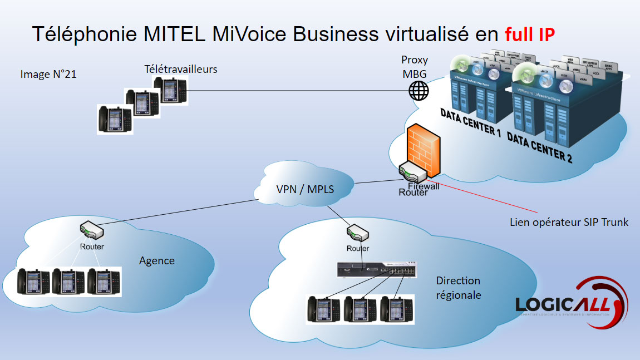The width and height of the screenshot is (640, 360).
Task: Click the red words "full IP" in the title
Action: [529, 34]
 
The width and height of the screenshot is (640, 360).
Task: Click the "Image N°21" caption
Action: [48, 74]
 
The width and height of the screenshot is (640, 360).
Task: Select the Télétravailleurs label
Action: [180, 69]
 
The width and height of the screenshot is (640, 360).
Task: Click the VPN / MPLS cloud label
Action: [305, 189]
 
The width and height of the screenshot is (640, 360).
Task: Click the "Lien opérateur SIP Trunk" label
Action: [569, 222]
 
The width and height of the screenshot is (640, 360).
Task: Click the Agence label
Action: [156, 260]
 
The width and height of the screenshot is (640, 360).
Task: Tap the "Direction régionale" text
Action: [458, 288]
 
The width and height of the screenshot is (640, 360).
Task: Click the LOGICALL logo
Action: [570, 304]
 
